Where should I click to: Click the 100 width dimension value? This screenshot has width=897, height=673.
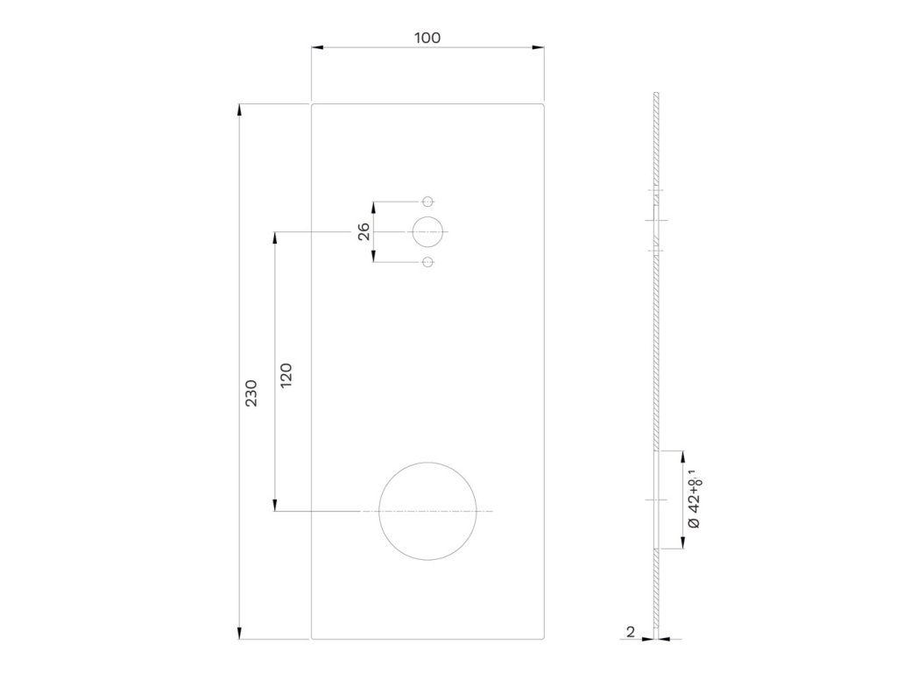(x=427, y=38)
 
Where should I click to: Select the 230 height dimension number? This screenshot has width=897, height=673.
(x=251, y=393)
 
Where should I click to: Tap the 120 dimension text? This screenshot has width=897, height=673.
(x=286, y=375)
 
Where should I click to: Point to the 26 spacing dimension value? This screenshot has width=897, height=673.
(x=364, y=231)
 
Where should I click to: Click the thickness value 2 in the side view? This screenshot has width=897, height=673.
(x=631, y=632)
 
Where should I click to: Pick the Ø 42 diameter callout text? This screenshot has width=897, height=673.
(x=695, y=499)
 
